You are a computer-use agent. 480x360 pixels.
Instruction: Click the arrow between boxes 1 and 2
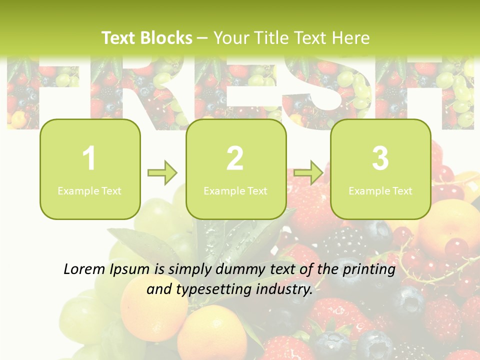[163, 173]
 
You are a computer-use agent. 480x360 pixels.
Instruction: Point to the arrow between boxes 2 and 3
[308, 173]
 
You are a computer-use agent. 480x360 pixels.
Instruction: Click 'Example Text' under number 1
[89, 190]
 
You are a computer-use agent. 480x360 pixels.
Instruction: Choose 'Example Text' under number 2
[235, 190]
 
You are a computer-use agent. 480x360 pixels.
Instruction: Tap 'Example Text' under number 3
[380, 190]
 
